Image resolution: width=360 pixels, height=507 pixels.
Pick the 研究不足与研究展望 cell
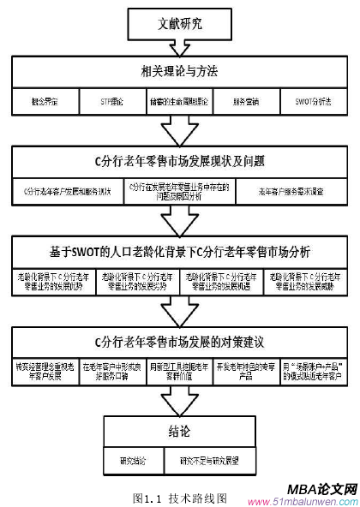pos(207,459)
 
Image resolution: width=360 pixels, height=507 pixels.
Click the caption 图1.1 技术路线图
pos(180,495)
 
